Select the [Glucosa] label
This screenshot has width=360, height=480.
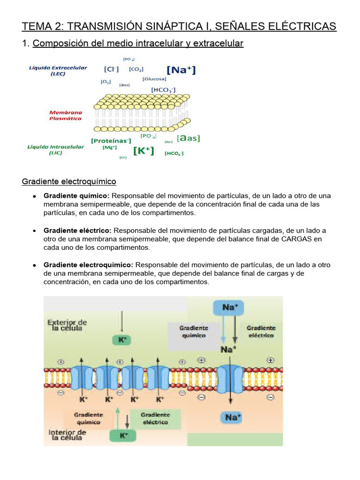pos(154,79)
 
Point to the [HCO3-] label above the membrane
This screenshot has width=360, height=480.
pos(163,89)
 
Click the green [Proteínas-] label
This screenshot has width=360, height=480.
pos(111,140)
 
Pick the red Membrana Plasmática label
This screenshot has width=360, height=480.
pos(66,115)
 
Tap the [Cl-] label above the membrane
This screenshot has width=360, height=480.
pos(111,69)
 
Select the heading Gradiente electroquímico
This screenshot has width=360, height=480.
pos(69,181)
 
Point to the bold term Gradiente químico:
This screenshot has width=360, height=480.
pos(76,195)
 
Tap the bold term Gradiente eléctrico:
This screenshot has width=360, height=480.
pos(77,231)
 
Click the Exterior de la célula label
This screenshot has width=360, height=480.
pos(67,325)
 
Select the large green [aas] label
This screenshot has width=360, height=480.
pos(188,138)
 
